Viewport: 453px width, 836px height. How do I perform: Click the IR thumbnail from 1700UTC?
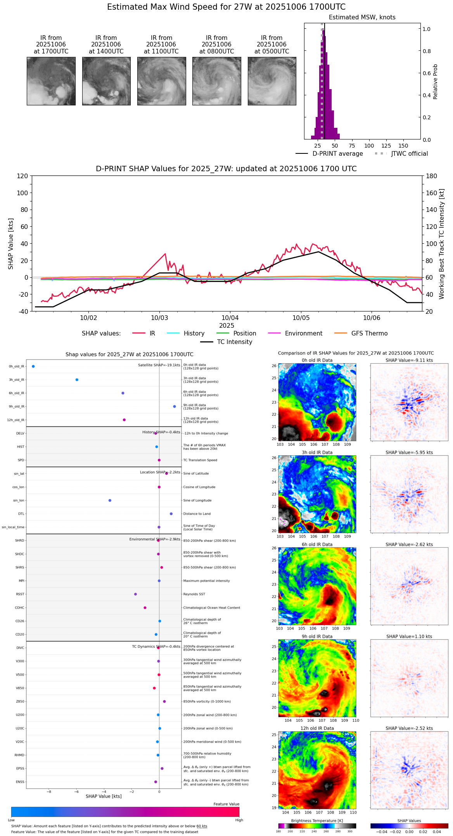click(51, 81)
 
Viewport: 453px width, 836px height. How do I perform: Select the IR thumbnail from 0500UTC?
click(272, 81)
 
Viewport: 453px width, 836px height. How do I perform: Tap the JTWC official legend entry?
click(409, 154)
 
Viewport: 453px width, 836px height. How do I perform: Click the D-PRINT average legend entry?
click(337, 154)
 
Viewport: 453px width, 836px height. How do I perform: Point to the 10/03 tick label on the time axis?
click(159, 318)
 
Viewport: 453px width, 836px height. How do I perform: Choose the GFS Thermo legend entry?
click(369, 334)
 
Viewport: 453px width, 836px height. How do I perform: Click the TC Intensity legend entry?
click(234, 342)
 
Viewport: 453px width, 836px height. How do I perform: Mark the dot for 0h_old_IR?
click(33, 366)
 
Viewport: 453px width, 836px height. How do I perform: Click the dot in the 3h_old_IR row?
click(77, 380)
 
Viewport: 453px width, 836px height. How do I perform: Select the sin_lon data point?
click(110, 501)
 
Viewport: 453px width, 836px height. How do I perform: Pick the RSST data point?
click(135, 594)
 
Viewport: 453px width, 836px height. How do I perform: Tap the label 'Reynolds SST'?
click(194, 594)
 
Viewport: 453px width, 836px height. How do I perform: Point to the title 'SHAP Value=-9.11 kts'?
click(409, 360)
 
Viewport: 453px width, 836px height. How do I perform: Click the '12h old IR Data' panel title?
click(317, 728)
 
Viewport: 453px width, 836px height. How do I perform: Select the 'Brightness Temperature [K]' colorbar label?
click(317, 821)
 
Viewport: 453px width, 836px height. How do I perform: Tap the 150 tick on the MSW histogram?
click(403, 146)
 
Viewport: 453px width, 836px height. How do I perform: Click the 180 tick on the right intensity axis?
click(432, 176)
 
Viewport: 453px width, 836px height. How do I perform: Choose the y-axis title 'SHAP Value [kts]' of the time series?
click(11, 244)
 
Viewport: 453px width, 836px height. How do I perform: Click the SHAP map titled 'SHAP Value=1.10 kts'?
click(409, 678)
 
